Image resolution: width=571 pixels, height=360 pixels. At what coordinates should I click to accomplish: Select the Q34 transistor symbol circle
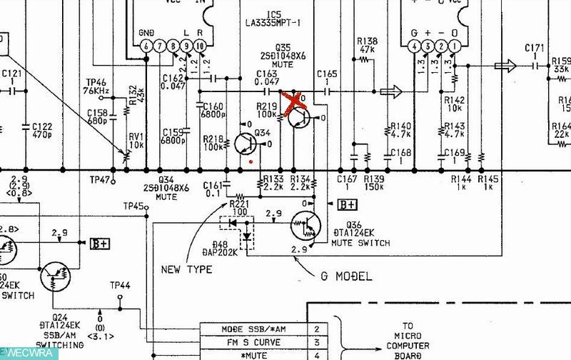coord(245,144)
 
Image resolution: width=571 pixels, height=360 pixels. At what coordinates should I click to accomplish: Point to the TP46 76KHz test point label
coord(96,87)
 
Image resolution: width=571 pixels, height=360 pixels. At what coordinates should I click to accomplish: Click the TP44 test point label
coord(120,286)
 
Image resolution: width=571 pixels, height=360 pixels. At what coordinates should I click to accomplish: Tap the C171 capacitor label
coord(535,48)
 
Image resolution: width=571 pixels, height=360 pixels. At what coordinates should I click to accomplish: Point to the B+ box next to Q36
coord(347,206)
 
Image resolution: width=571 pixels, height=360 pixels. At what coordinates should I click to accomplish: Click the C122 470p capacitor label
coord(41,130)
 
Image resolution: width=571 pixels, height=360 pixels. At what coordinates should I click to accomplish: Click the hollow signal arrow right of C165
coord(391,91)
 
